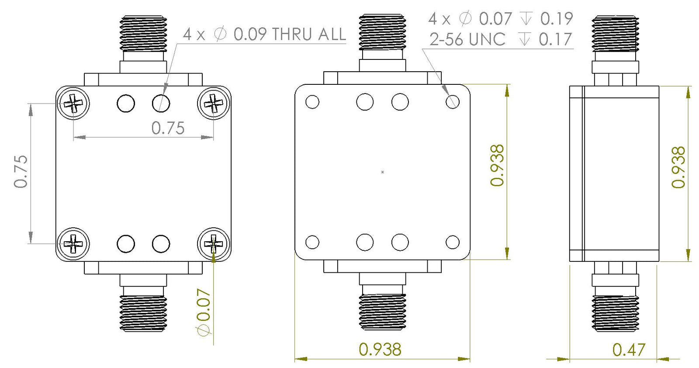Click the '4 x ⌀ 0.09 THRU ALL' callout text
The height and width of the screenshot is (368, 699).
[x=264, y=34]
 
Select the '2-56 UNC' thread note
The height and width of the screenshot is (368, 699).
[x=467, y=39]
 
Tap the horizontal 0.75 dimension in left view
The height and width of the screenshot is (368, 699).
[x=168, y=128]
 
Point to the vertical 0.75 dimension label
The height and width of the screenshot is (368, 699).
[x=21, y=171]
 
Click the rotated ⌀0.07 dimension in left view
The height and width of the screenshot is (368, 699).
[x=204, y=312]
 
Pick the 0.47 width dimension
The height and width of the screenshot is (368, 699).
[x=628, y=350]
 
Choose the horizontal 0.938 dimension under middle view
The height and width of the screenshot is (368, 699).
[x=380, y=349]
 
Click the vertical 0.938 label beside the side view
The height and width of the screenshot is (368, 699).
[x=678, y=167]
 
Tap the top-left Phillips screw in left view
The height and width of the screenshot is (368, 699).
[x=73, y=103]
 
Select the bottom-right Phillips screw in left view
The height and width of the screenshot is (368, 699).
[x=214, y=244]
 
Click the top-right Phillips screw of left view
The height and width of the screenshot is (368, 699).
[x=214, y=103]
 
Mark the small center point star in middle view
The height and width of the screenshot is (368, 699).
[x=382, y=172]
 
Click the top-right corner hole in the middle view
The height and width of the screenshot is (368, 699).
[x=453, y=102]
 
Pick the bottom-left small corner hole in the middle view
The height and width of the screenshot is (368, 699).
[x=312, y=242]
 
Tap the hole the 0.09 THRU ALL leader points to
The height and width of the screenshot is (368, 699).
[x=161, y=104]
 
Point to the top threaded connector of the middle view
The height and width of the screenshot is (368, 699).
[x=382, y=32]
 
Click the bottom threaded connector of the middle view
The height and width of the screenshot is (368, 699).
[x=382, y=311]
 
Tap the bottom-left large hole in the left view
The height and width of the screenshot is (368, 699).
[x=126, y=244]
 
